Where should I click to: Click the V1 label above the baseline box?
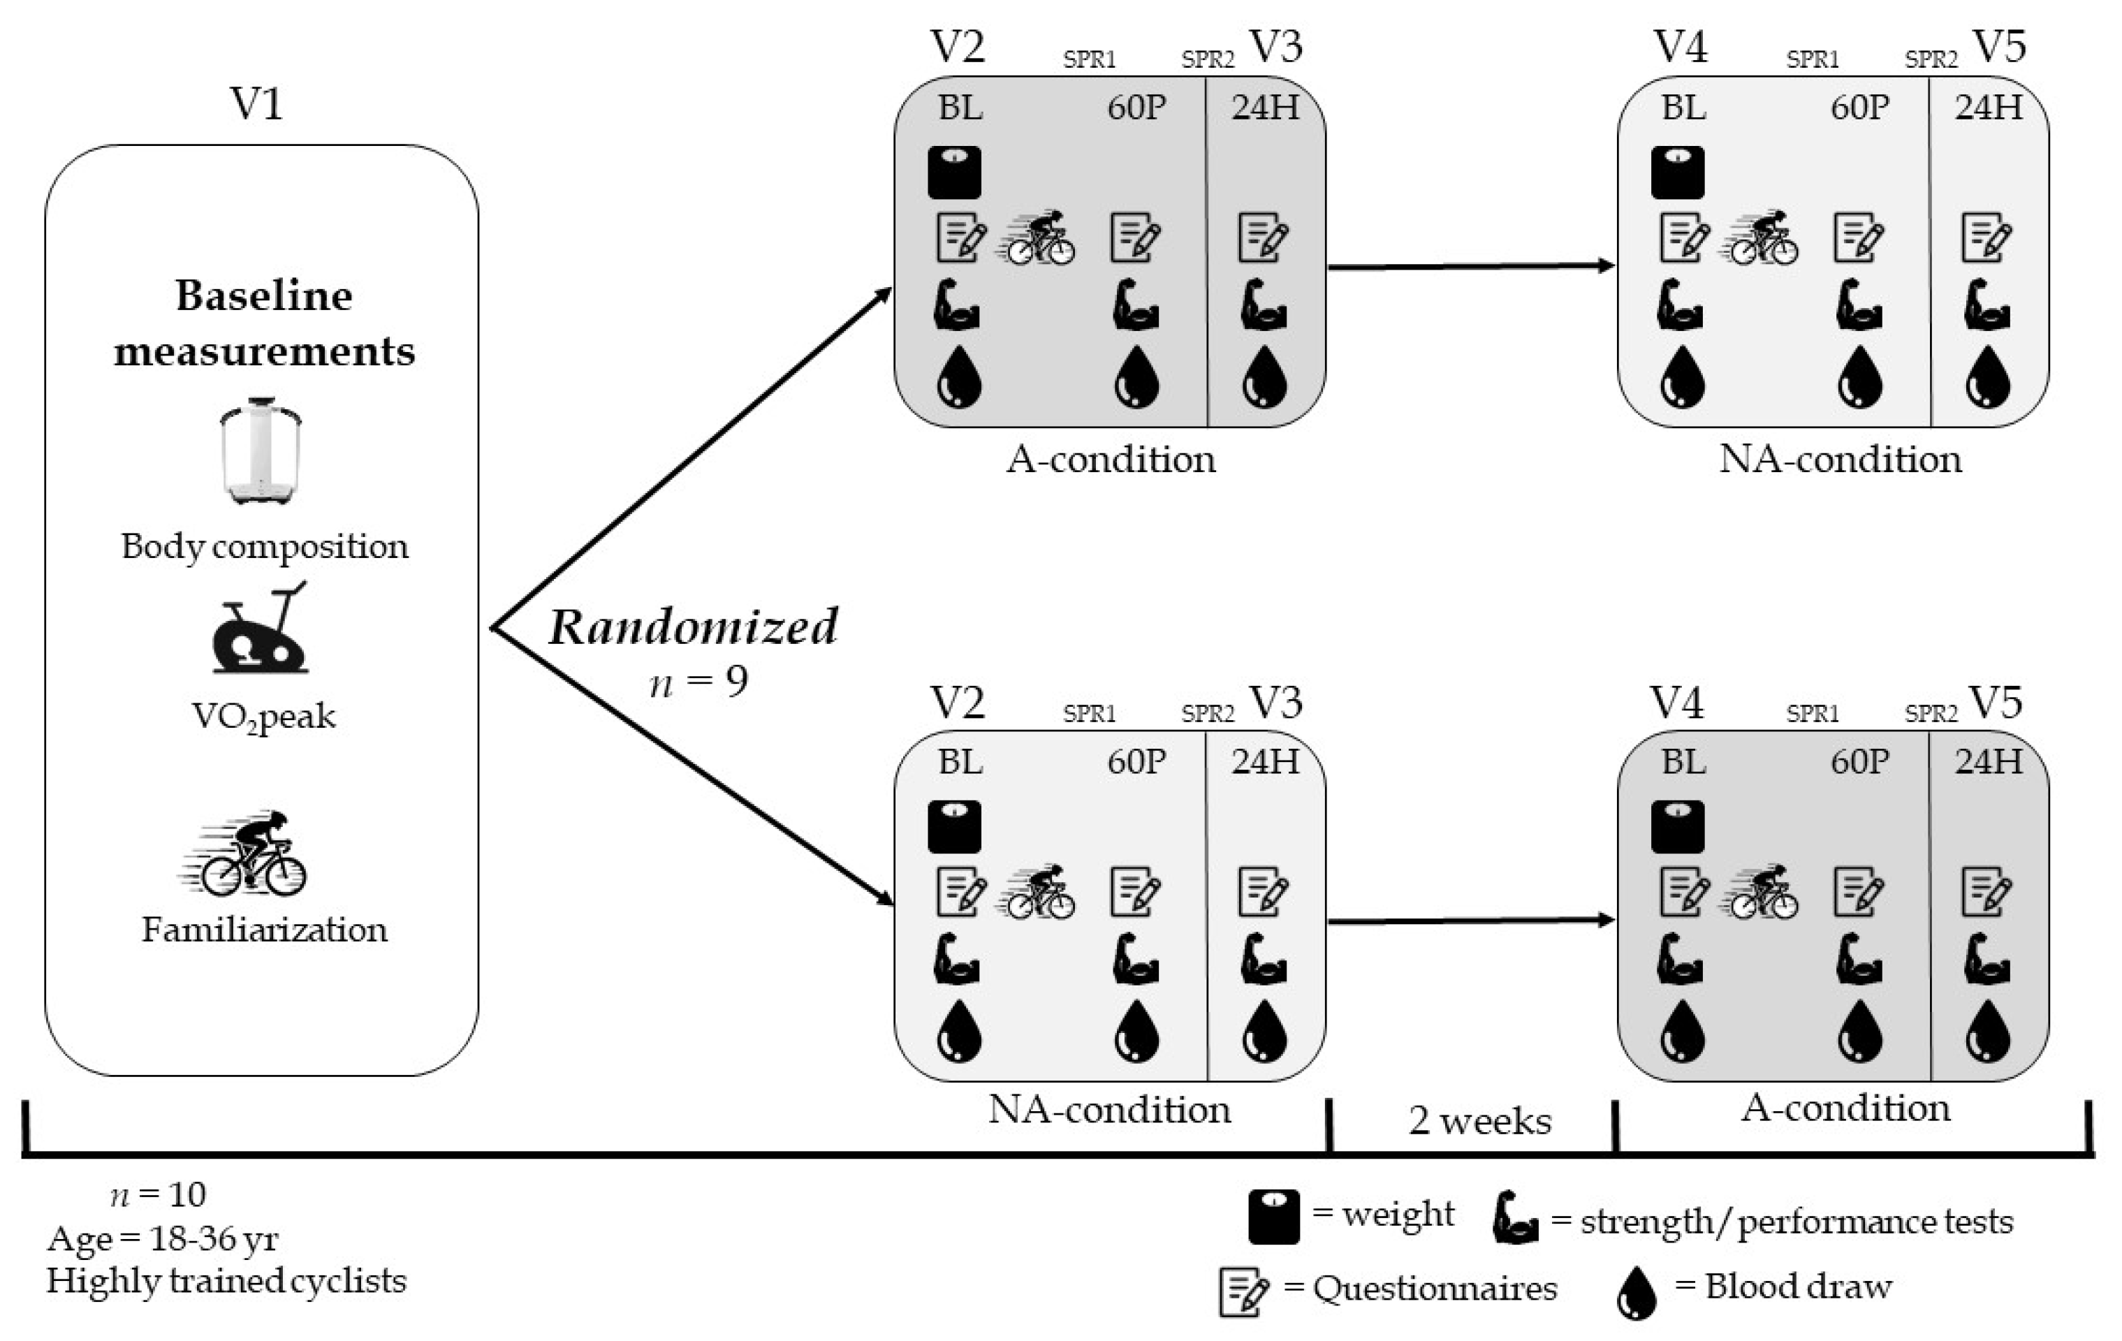coord(256,104)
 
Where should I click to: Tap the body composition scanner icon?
coord(261,450)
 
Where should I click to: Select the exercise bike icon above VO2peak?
coord(260,627)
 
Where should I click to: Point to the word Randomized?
coord(694,626)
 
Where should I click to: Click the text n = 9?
coord(698,681)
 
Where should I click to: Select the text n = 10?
coord(159,1194)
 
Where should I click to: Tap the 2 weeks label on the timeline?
coord(1479,1121)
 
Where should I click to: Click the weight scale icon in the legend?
coord(1273,1216)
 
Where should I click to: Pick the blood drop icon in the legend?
coord(1637,1293)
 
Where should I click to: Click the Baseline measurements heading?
coord(264,323)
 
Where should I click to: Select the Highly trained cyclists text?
coord(226,1280)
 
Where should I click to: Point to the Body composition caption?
coord(264,546)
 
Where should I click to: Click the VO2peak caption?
coord(263,717)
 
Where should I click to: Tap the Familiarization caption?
coord(264,930)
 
